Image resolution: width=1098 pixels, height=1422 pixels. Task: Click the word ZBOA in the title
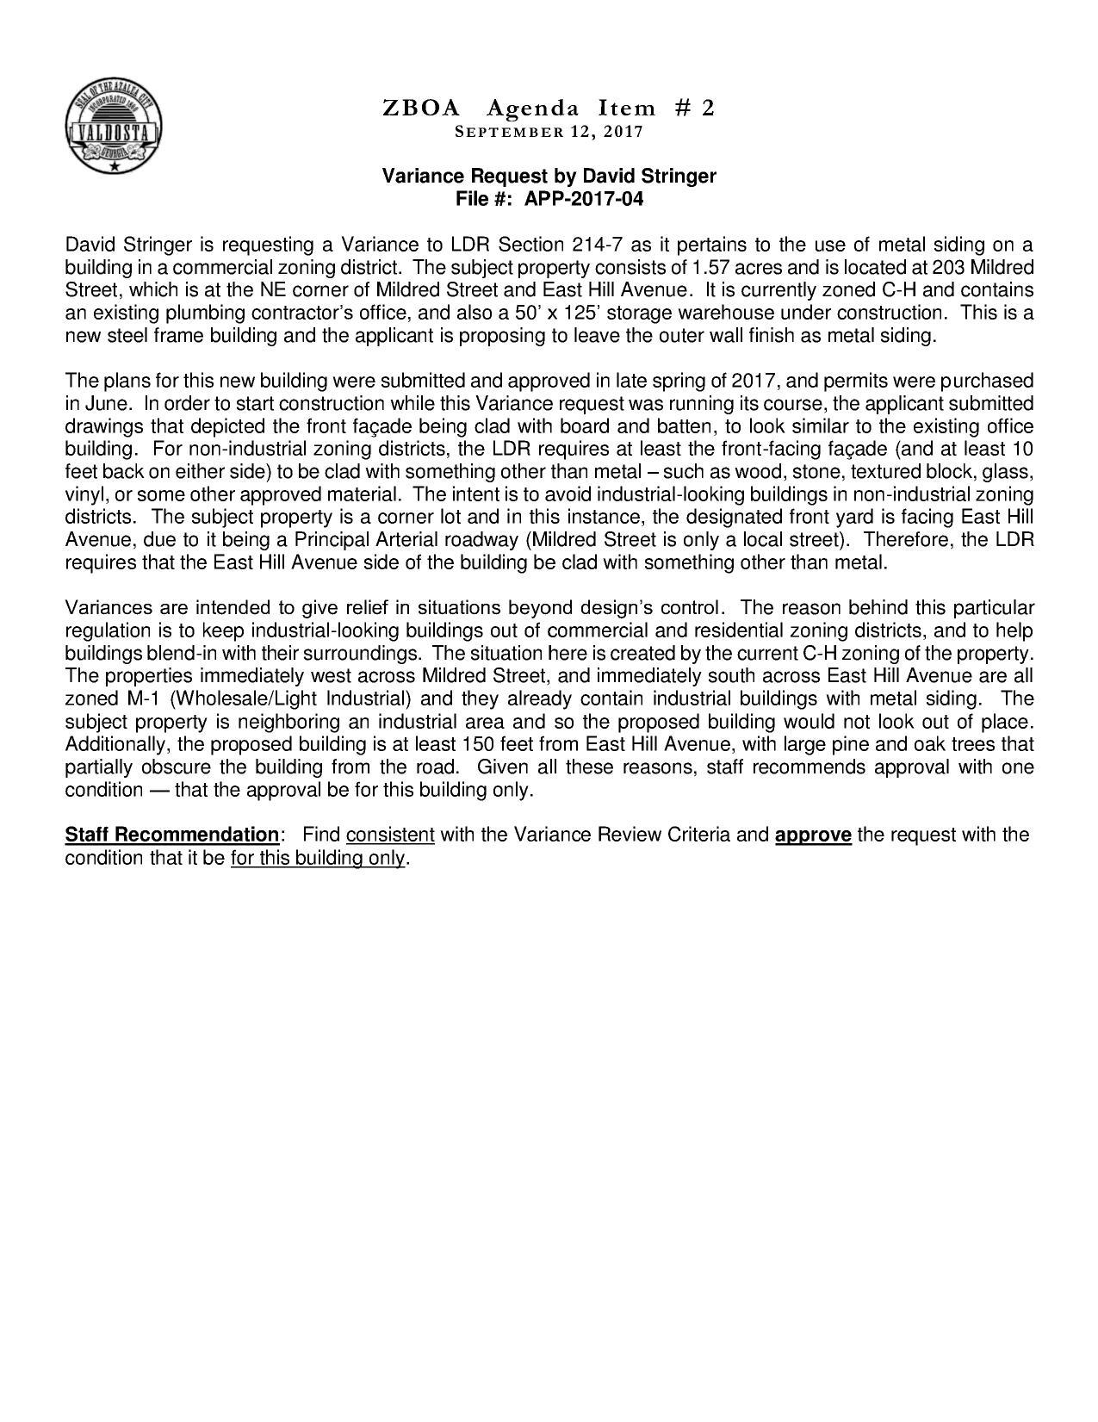(x=420, y=109)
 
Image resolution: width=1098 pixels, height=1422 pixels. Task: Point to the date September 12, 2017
(x=549, y=132)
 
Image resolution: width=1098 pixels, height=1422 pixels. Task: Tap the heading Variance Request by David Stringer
(x=549, y=177)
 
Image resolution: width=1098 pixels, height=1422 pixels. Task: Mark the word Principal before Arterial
(x=334, y=540)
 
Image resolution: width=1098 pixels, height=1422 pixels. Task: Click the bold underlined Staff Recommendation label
(x=172, y=835)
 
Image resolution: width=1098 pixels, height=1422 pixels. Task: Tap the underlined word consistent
(x=390, y=835)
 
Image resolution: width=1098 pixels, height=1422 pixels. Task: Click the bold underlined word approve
(x=813, y=835)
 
